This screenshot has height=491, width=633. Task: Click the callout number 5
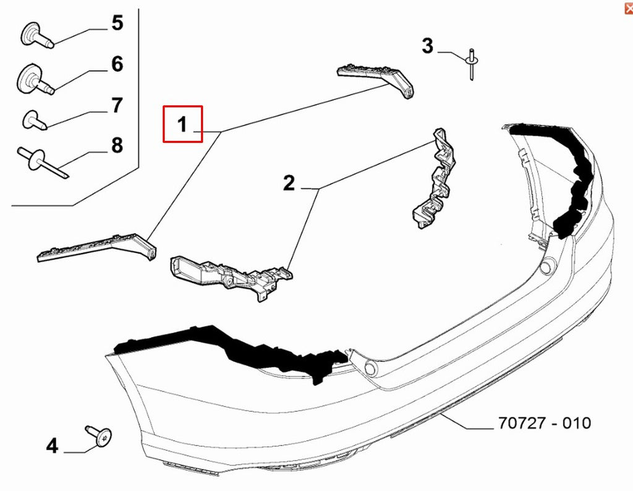[x=117, y=23]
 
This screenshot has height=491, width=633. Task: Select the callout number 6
[x=117, y=64]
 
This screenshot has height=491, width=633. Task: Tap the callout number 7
[x=117, y=105]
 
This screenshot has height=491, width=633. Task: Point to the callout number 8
[x=117, y=145]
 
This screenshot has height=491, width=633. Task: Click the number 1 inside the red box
[x=182, y=124]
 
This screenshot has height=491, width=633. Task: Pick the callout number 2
[x=289, y=183]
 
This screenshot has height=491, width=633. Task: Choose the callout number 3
[x=428, y=46]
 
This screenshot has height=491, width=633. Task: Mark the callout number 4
[x=52, y=446]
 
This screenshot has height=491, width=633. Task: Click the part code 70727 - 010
[x=545, y=423]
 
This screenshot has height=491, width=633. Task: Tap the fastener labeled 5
[x=36, y=36]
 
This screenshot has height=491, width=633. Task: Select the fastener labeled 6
[x=35, y=79]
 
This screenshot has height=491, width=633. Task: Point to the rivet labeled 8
[x=42, y=161]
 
